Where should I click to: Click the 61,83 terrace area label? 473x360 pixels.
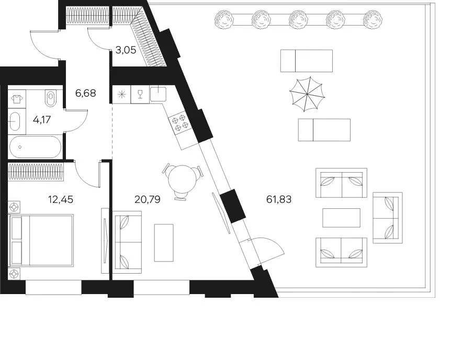click(x=279, y=199)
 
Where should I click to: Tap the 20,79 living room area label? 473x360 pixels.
click(x=147, y=199)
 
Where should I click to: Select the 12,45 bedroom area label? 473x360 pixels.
click(x=61, y=199)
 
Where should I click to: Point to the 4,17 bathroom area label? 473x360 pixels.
click(x=42, y=120)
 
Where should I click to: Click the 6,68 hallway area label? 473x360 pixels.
click(x=85, y=93)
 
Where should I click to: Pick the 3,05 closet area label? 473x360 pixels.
click(x=126, y=50)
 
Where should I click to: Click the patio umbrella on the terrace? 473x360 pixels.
click(x=307, y=94)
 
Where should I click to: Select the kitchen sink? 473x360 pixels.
click(x=158, y=93)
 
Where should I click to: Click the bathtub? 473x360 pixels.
click(x=35, y=147)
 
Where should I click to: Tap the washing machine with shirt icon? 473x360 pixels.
click(x=17, y=98)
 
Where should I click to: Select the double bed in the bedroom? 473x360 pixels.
click(x=41, y=240)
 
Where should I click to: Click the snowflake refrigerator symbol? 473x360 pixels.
click(x=122, y=94)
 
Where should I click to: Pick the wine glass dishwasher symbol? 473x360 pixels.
click(x=140, y=94)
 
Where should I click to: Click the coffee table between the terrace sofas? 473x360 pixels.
click(x=341, y=218)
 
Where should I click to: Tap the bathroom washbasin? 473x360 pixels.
click(x=14, y=121)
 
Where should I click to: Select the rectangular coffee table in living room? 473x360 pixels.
click(x=164, y=243)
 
